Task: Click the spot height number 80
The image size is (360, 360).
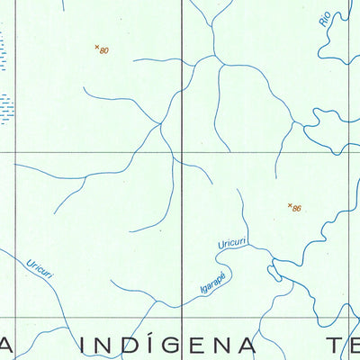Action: (x=104, y=51)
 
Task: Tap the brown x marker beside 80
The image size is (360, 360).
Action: (x=96, y=47)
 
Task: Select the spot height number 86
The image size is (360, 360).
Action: (x=297, y=209)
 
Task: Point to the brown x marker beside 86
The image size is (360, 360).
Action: (x=290, y=205)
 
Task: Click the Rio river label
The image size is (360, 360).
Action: (x=325, y=19)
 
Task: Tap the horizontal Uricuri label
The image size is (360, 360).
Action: (x=231, y=243)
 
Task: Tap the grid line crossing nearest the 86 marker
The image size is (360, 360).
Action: (x=349, y=152)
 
